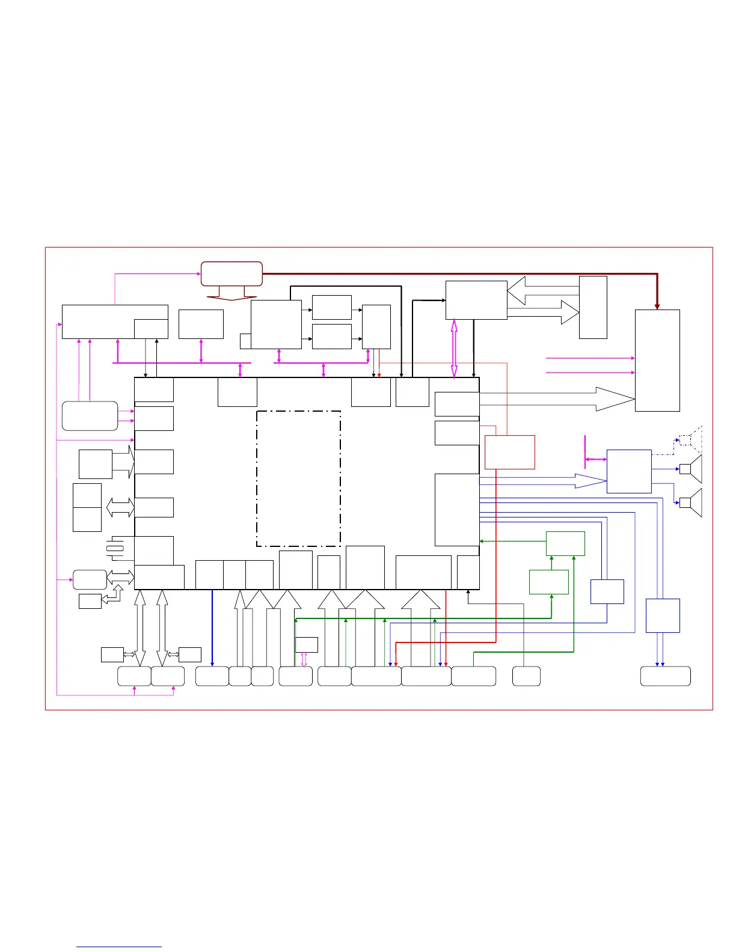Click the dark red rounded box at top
232,273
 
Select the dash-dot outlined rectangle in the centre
298,478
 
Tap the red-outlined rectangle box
509,452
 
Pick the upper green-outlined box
565,543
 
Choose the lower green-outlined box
548,582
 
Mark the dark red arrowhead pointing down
657,306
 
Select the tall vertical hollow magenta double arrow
454,349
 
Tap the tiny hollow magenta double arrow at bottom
304,659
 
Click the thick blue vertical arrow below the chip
212,627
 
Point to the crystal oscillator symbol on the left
114,548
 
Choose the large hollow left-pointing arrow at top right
541,291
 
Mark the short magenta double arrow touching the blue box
595,460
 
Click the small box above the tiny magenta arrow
307,645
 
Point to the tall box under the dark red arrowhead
657,361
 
